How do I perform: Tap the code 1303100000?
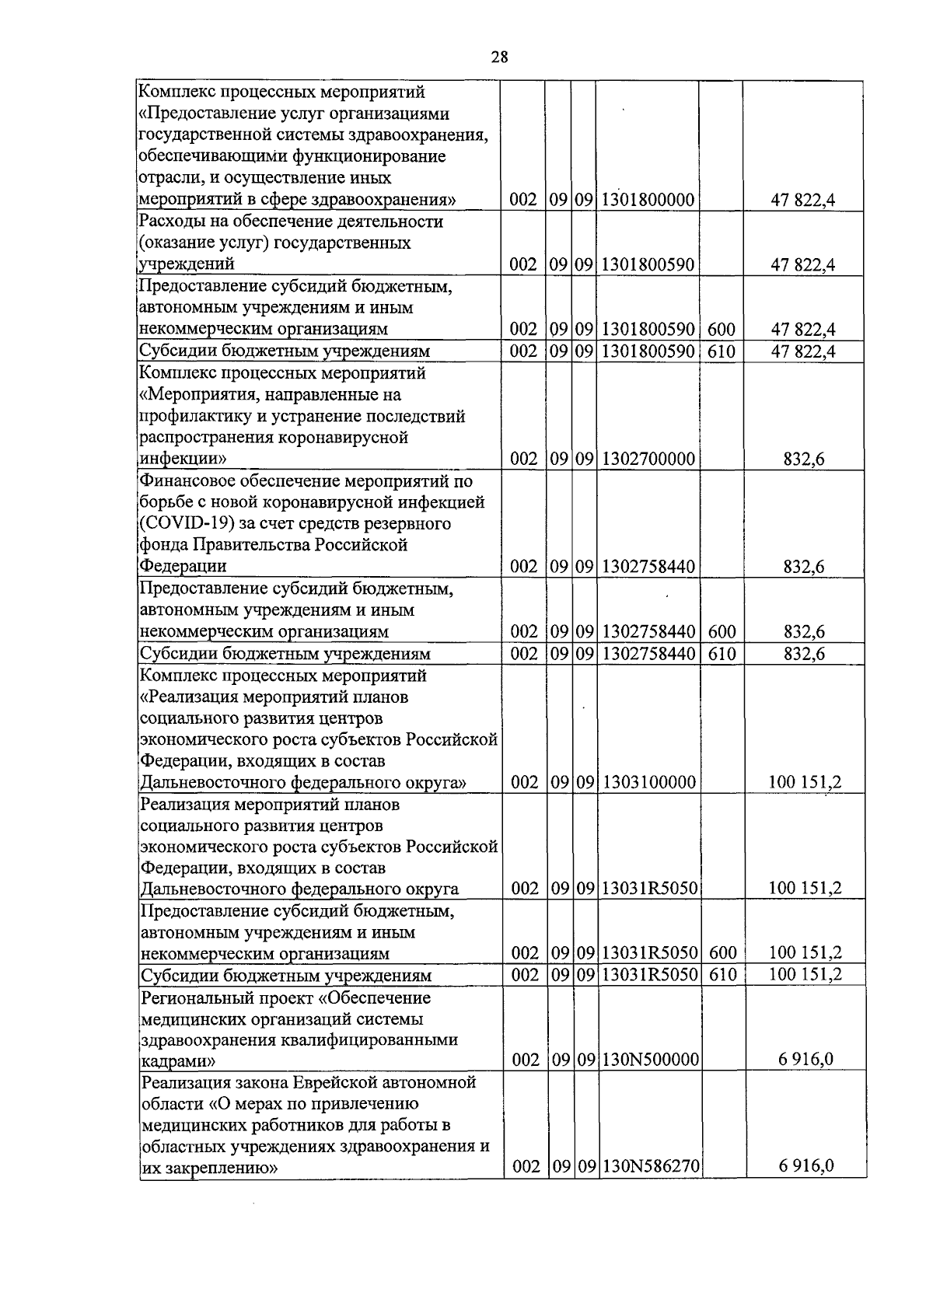click(x=648, y=782)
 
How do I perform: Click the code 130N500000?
click(x=650, y=1060)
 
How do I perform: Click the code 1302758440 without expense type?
click(x=648, y=567)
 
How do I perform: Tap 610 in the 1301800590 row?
click(x=721, y=351)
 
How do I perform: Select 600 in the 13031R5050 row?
click(x=722, y=953)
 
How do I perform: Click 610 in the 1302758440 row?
click(x=722, y=654)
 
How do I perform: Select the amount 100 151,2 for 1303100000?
click(x=805, y=782)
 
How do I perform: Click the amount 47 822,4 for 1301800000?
click(x=803, y=200)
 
